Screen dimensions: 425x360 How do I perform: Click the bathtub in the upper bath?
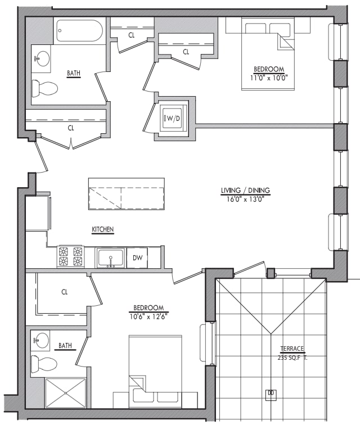[79, 31]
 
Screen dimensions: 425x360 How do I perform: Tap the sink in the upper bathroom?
[40, 57]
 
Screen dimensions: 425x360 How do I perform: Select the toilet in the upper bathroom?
[45, 88]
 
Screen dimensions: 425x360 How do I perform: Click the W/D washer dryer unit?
[172, 118]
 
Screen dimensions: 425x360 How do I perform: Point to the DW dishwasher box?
[137, 257]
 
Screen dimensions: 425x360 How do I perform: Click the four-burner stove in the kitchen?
[70, 256]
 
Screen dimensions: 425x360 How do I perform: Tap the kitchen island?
[126, 194]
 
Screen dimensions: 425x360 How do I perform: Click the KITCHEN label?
[103, 229]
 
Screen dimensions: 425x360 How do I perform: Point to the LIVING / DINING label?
[245, 191]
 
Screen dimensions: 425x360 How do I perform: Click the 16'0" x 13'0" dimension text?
[245, 199]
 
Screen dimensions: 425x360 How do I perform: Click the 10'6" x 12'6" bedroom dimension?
[148, 316]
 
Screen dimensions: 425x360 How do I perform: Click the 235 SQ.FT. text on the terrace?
[292, 358]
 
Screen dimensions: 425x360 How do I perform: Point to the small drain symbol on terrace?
[271, 393]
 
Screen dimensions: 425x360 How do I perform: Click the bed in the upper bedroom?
[268, 53]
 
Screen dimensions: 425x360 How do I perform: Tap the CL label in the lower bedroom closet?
[65, 292]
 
